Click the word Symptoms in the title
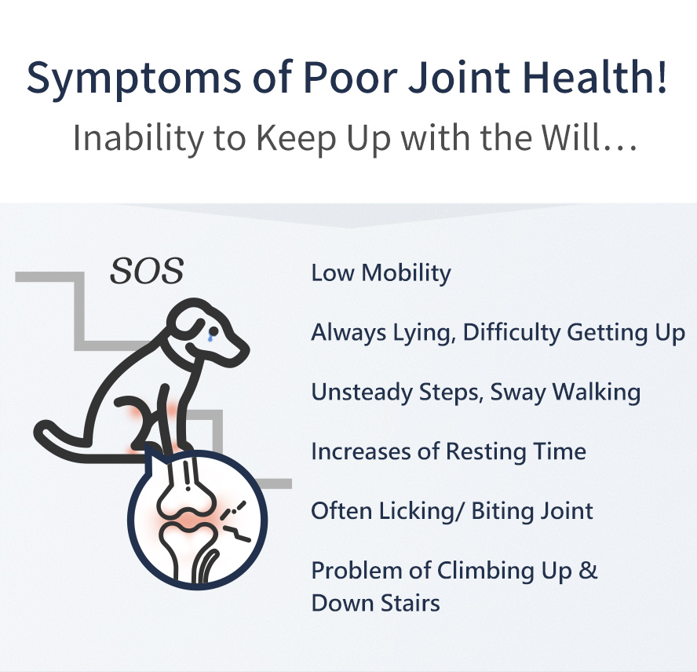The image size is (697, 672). tap(133, 79)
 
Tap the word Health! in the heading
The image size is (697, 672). tap(595, 76)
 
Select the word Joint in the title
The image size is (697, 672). tap(459, 77)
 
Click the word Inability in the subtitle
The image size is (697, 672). tap(138, 139)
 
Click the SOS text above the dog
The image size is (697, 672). tap(147, 271)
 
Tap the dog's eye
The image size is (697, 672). tap(213, 331)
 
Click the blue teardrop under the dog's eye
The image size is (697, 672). tap(210, 338)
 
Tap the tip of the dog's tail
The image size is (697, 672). tap(41, 429)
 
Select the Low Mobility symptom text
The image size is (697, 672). tap(381, 272)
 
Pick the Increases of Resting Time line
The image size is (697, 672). tap(448, 451)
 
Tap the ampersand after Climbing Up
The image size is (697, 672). tap(588, 570)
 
